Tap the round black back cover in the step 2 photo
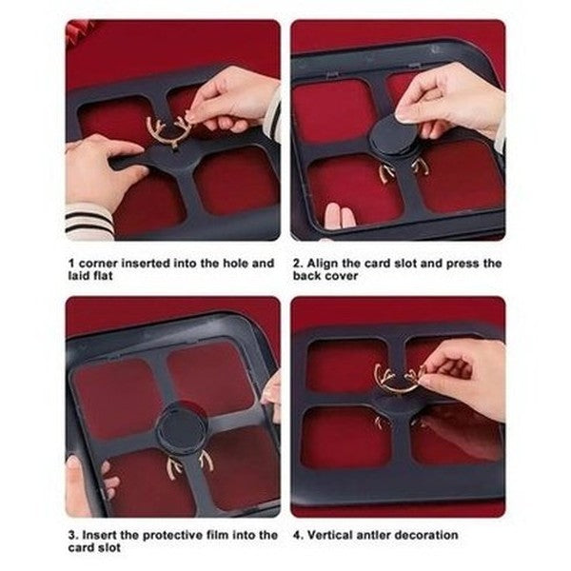coord(393,141)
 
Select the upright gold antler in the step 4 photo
coord(398,377)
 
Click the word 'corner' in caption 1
coord(101,262)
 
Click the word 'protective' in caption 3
coord(173,535)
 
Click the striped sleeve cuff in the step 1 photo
coord(89,221)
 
